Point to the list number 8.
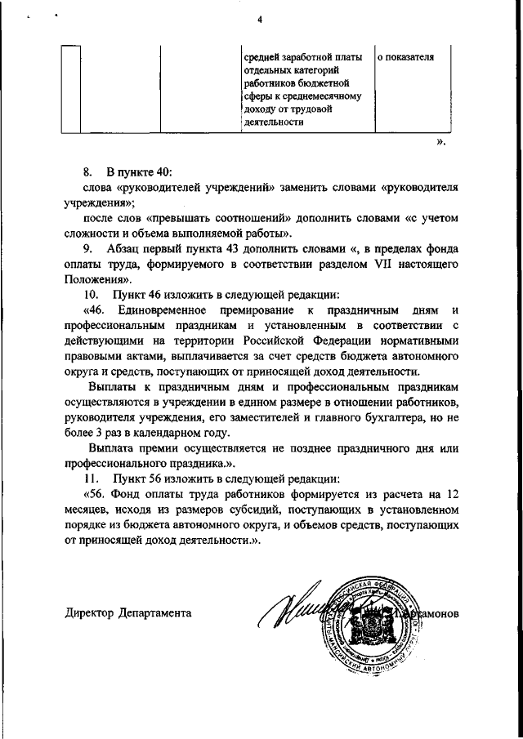click(x=87, y=173)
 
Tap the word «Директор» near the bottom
click(x=89, y=612)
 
